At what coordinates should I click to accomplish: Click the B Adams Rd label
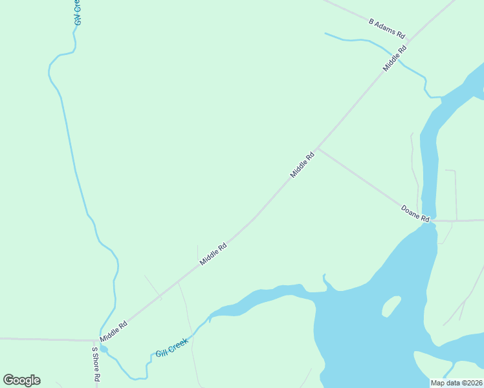click(x=387, y=28)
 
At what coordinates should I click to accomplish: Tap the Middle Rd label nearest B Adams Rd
click(x=395, y=58)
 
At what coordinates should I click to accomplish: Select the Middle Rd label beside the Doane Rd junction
click(x=302, y=164)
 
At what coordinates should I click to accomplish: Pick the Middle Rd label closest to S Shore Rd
click(x=113, y=329)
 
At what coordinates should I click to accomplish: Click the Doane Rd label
click(x=415, y=213)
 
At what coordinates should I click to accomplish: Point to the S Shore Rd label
click(x=96, y=365)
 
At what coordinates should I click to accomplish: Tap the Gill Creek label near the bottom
click(x=171, y=348)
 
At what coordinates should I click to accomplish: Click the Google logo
click(x=21, y=380)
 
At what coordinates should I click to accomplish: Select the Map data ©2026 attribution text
click(x=456, y=382)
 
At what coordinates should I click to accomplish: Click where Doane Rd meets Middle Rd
click(x=318, y=148)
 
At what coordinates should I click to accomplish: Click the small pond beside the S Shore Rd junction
click(x=104, y=350)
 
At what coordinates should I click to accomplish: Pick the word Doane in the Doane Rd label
click(x=411, y=211)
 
